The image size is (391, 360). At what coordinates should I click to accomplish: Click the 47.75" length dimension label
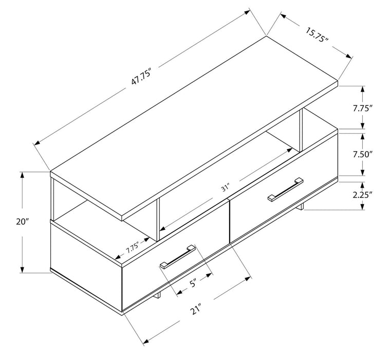coord(141,78)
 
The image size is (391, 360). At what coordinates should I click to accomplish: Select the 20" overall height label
coord(23,222)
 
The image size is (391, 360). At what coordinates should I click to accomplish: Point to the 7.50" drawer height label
coord(362,154)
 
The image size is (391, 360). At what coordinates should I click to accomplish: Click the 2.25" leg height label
coord(362,195)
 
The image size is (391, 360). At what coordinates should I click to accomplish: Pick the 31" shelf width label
coord(226,188)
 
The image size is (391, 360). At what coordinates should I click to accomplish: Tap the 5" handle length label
coord(194,283)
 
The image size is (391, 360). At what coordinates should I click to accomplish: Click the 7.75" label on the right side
coord(362,108)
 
